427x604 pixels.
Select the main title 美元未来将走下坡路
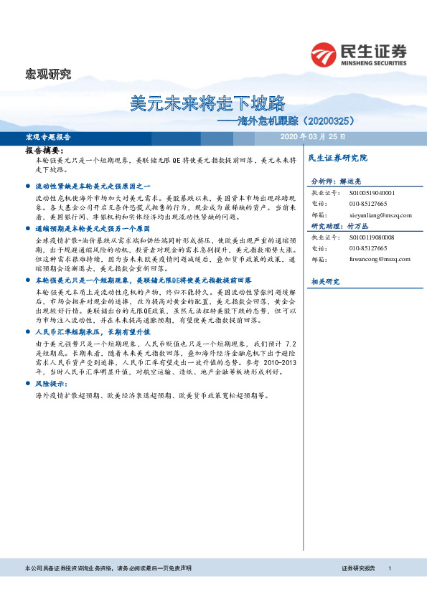pos(208,102)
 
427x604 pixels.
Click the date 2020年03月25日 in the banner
pos(312,136)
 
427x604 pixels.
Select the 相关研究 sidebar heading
pos(325,280)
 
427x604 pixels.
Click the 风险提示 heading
pos(50,384)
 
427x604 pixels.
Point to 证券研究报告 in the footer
pos(358,568)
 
